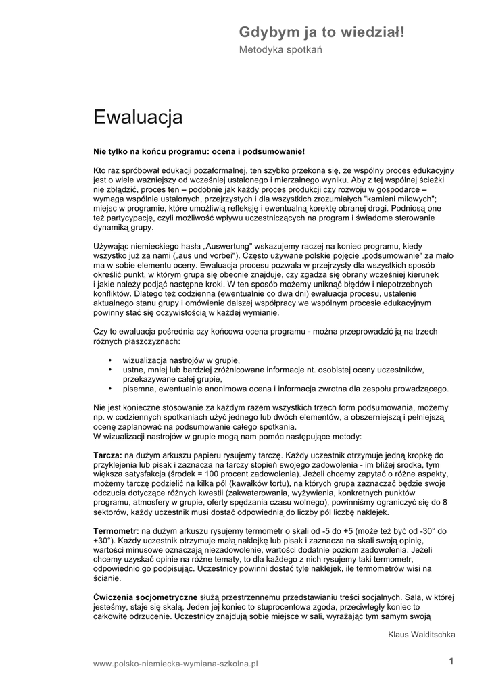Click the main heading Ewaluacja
tap(138, 118)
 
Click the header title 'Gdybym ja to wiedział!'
tap(322, 32)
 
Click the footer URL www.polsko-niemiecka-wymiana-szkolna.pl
tap(176, 664)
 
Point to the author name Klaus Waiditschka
tap(422, 635)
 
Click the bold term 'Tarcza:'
tap(107, 455)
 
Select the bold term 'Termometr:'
tap(116, 531)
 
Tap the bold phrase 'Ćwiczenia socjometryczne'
tap(145, 597)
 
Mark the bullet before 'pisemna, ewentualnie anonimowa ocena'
tap(109, 389)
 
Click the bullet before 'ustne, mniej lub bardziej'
tap(109, 370)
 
